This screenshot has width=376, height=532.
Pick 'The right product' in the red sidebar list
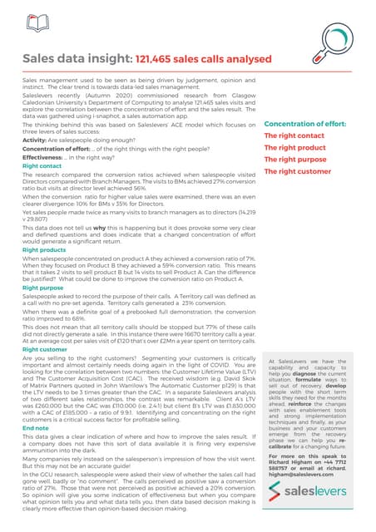[294, 148]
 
